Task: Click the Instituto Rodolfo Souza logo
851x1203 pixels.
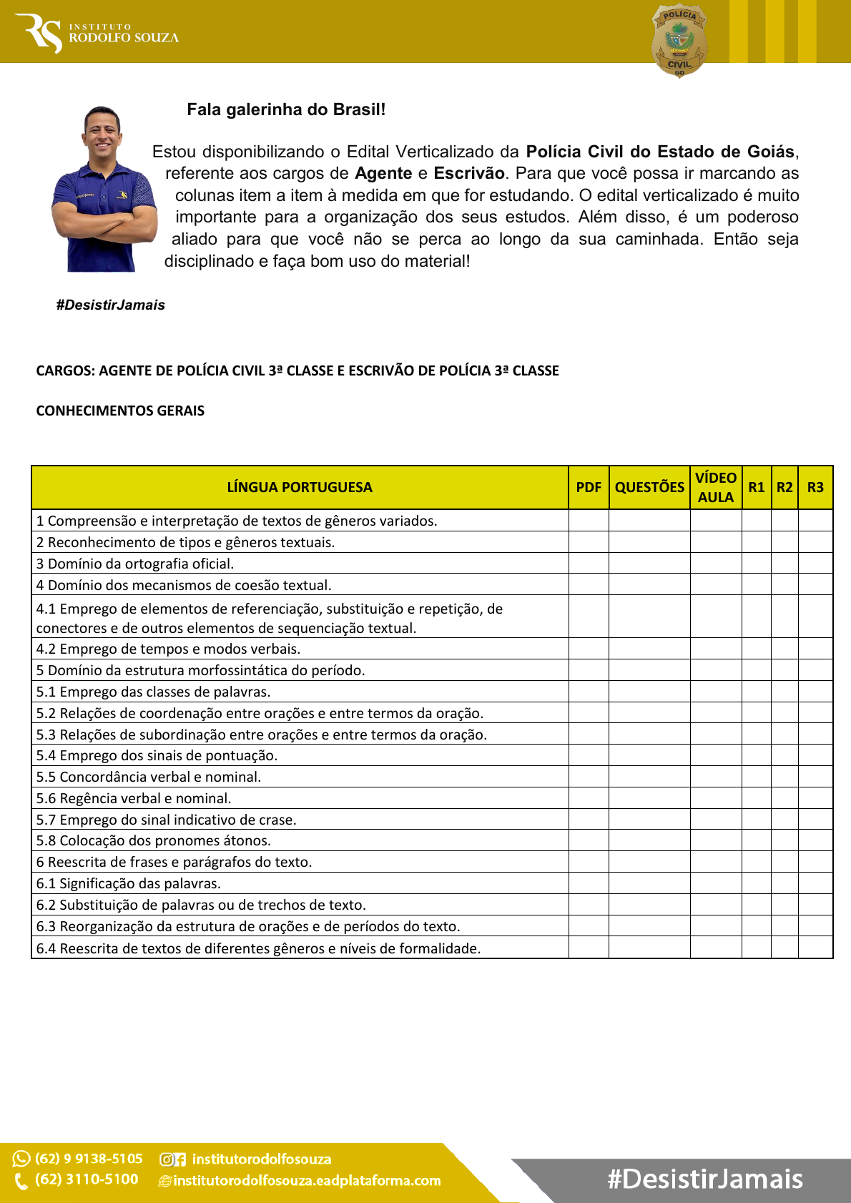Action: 100,33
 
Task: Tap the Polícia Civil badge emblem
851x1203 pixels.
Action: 679,41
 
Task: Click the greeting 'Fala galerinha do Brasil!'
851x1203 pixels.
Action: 286,110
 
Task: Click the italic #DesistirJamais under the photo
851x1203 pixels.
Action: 111,305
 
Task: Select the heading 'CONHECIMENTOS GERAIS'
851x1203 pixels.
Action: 120,411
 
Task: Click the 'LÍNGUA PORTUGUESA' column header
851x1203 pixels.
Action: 300,488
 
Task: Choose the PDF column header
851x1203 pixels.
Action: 589,488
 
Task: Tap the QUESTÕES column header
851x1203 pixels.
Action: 649,488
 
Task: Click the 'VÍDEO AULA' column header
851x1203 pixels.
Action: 716,488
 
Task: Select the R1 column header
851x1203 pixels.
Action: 757,488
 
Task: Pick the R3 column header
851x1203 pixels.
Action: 815,488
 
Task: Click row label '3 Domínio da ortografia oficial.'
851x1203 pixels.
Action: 135,564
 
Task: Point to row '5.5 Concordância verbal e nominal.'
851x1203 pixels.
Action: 149,777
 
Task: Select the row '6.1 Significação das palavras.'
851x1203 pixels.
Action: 129,884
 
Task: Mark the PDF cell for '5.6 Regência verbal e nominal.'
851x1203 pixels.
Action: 589,798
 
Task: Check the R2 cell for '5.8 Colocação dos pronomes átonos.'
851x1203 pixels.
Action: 784,840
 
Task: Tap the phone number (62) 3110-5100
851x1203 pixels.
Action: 87,1179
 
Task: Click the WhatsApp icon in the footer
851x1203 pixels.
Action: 21,1159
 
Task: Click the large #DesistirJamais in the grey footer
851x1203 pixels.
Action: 705,1179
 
